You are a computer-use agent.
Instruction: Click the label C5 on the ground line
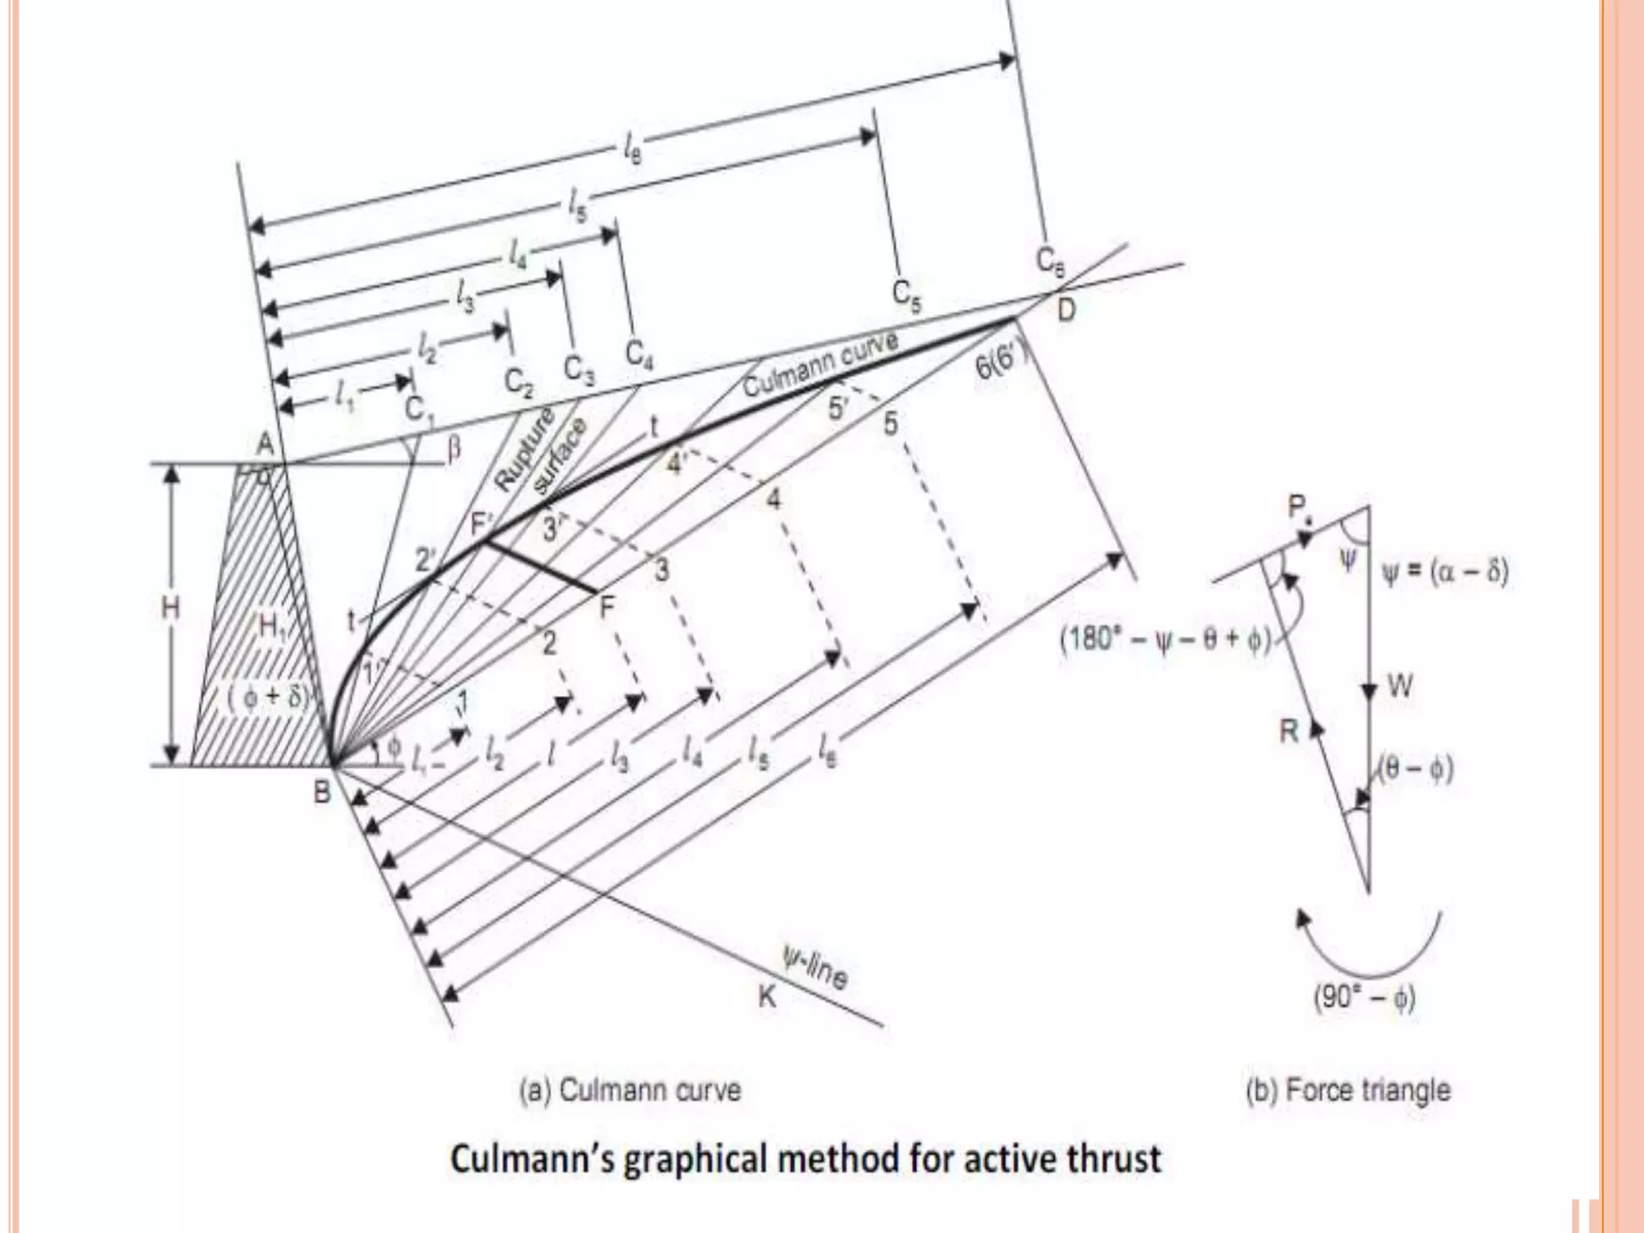coord(907,295)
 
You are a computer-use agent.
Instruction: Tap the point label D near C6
coord(1065,309)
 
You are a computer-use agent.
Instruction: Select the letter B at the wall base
coord(322,792)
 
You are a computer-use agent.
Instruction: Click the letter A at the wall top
coord(265,444)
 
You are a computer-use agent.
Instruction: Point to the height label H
coord(170,608)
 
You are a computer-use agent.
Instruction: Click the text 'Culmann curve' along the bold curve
coord(820,363)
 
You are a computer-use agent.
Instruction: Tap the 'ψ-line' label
coord(815,966)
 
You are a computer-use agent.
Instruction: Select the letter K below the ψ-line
coord(767,997)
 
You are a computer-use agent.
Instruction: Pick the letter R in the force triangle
coord(1288,731)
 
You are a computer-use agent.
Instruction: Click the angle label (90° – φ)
coord(1364,998)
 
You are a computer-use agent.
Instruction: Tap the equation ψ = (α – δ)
coord(1445,572)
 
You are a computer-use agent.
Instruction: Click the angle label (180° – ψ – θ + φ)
coord(1166,641)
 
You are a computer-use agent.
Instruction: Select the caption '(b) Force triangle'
coord(1348,1090)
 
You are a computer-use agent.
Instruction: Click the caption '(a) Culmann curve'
coord(630,1090)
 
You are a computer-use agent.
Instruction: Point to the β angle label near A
coord(454,450)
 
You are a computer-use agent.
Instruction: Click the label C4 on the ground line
coord(639,354)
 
